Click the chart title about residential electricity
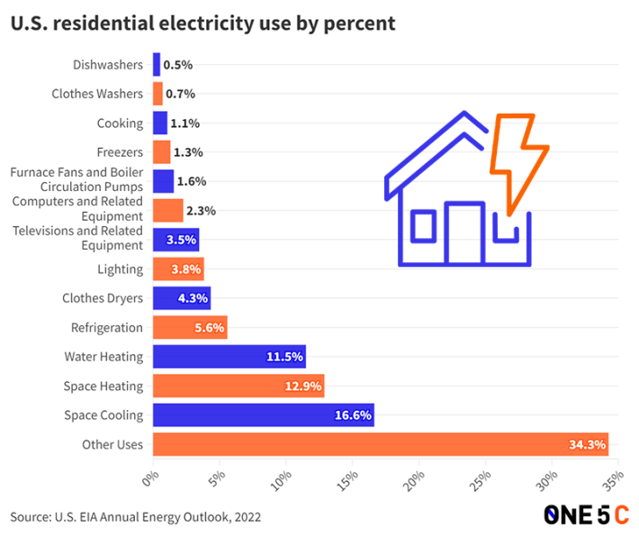203,23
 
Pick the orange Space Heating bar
238,386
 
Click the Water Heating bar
229,356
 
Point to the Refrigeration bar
189,327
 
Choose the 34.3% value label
588,444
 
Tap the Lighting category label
120,269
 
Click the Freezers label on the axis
120,152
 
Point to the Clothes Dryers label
102,298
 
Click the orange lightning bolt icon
518,162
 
